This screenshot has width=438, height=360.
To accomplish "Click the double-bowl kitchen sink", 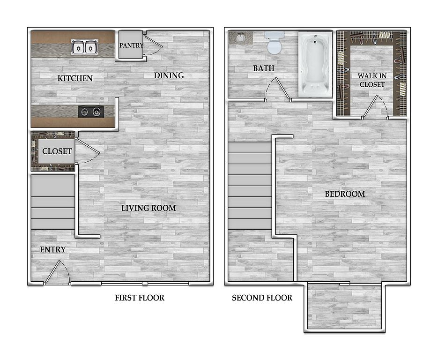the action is [85, 47].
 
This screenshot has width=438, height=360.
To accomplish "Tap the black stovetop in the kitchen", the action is [91, 112].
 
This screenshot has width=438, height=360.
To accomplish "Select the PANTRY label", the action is [131, 45].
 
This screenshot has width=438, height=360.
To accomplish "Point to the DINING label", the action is [169, 75].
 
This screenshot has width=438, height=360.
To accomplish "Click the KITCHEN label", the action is [75, 78].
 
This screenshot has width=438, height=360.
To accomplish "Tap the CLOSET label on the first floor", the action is [57, 151].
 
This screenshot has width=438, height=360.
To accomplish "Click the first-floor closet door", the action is [88, 150].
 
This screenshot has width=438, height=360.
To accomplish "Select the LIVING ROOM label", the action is [148, 208].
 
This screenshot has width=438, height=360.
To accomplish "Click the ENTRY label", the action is [53, 249].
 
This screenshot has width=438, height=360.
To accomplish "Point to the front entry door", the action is [57, 272].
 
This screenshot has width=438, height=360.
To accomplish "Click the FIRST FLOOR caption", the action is [140, 298].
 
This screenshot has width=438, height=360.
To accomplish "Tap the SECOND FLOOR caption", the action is [262, 298].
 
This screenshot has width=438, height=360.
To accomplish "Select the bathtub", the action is [315, 65].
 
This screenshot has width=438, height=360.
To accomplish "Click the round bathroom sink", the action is [240, 37].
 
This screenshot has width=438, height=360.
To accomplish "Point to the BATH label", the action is [264, 68].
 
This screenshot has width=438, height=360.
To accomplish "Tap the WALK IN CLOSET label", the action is [372, 80].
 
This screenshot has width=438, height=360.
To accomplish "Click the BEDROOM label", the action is [345, 194].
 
